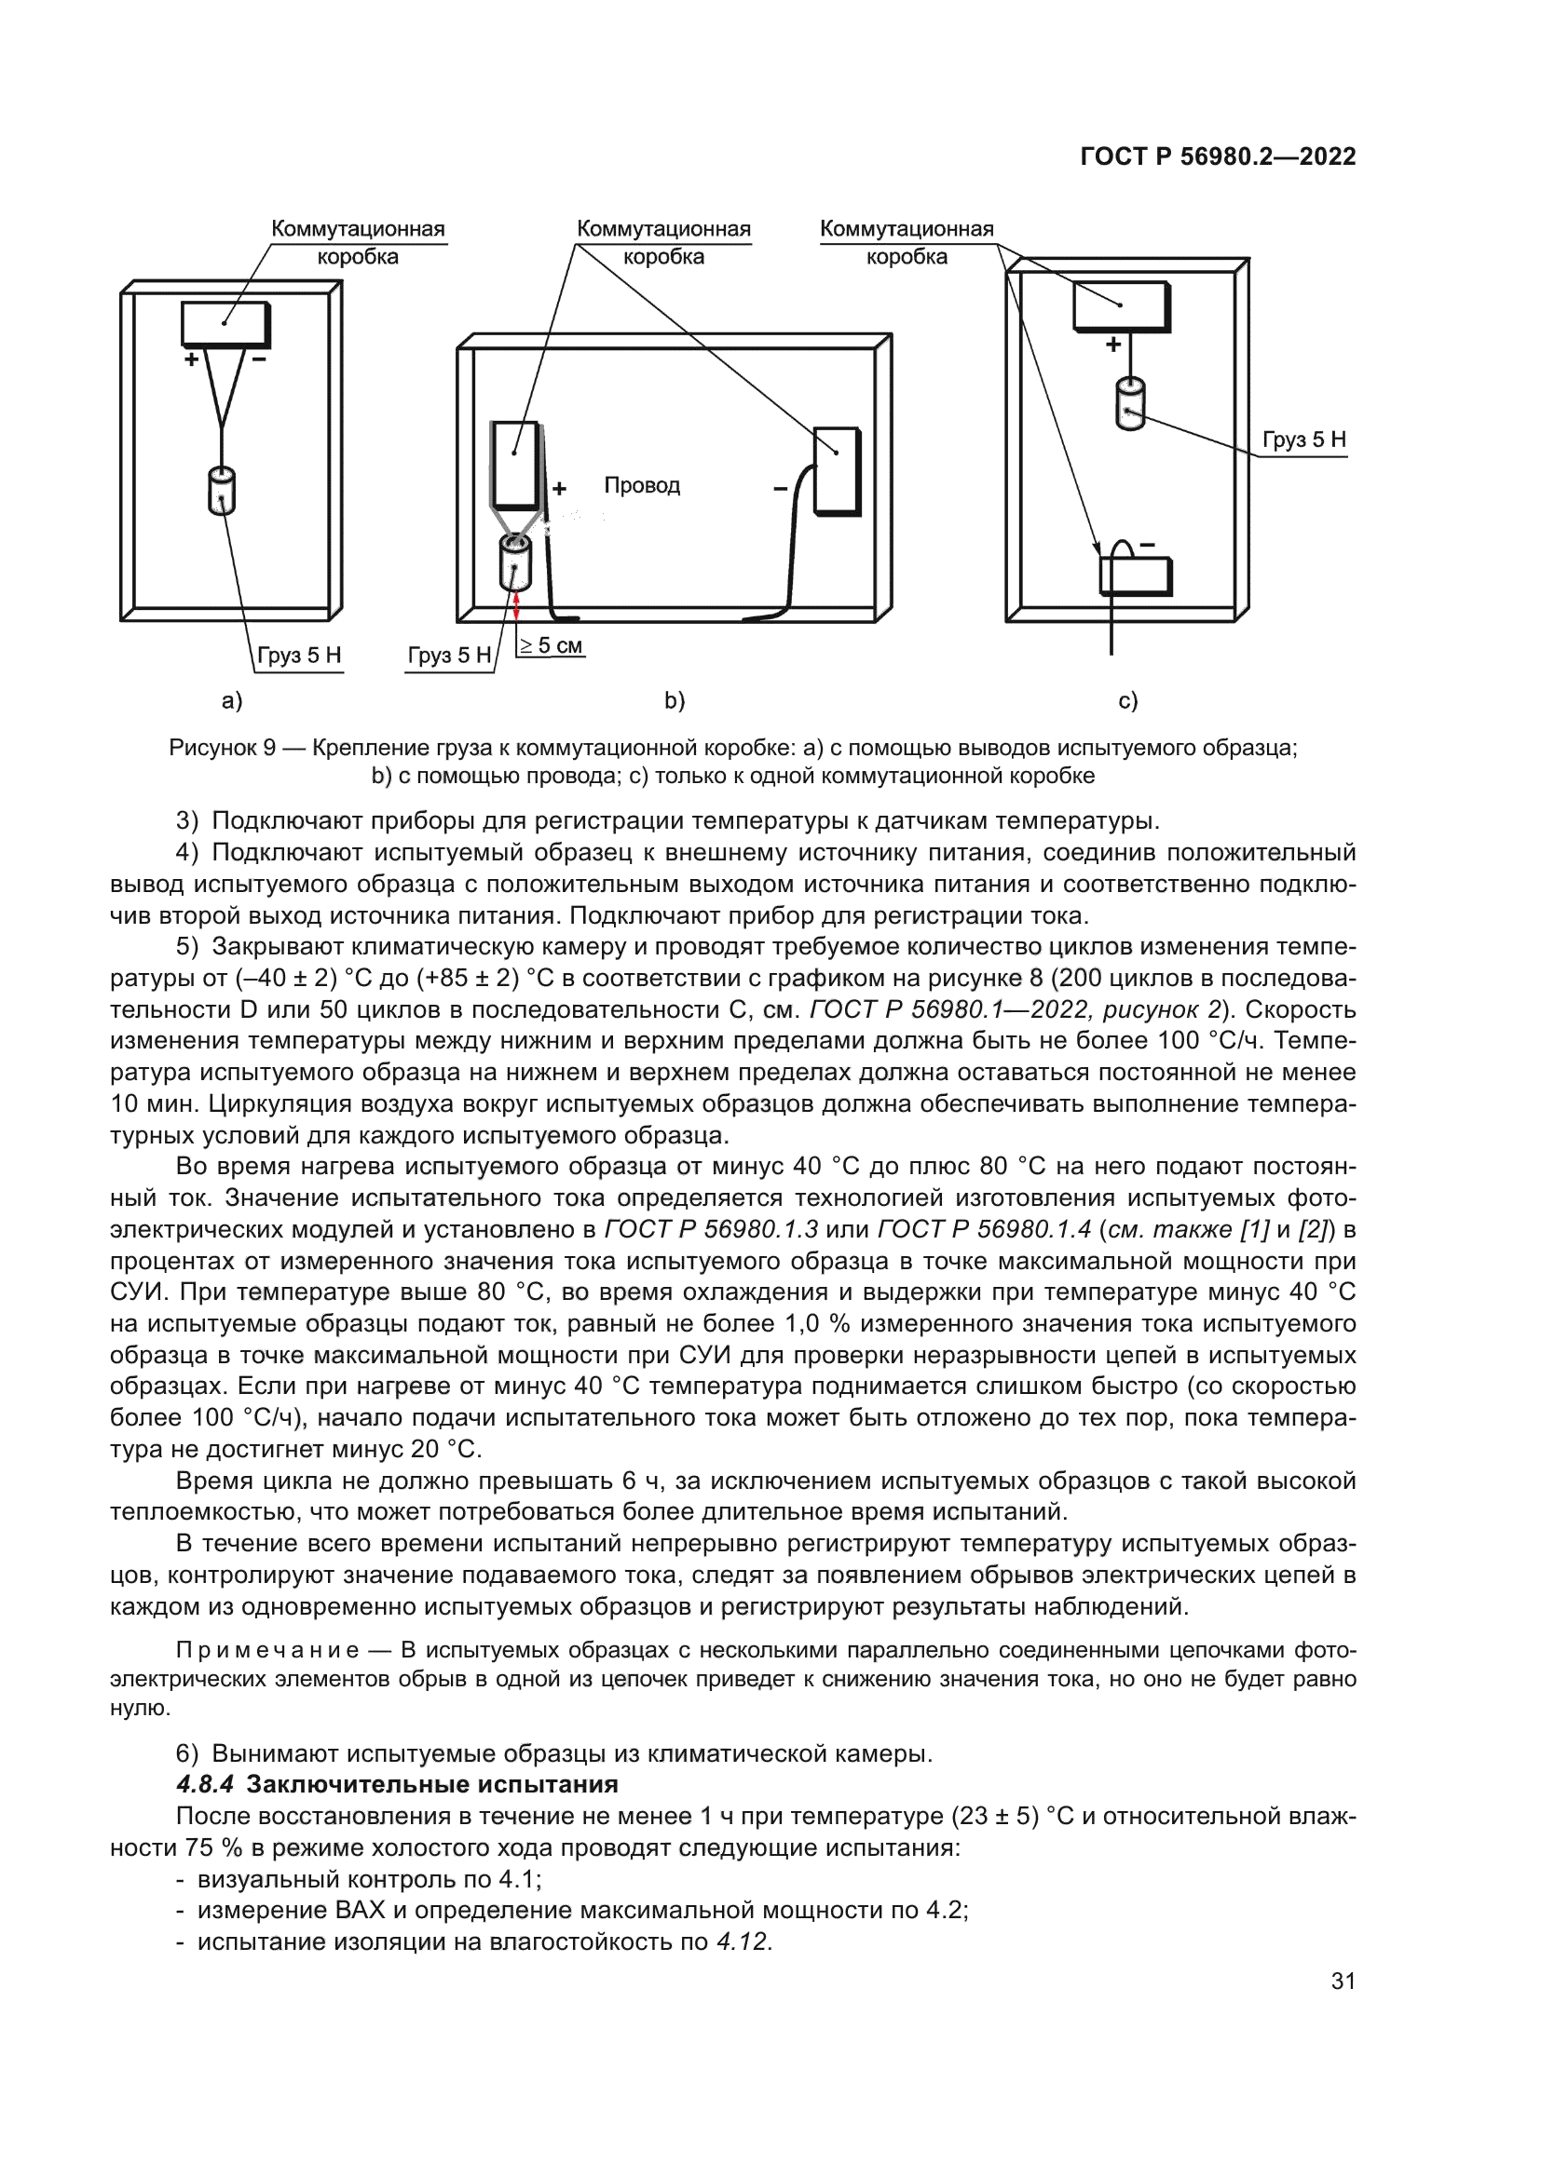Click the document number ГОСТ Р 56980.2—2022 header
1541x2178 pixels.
point(1219,157)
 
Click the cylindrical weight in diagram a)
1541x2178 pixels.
point(221,491)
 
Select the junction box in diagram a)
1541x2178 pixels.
point(225,322)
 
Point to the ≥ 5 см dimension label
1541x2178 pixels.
point(552,646)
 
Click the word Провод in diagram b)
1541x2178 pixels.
point(643,486)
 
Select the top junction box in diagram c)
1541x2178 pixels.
point(1122,305)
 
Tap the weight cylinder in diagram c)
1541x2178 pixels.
point(1129,405)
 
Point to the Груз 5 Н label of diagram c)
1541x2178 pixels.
point(1303,440)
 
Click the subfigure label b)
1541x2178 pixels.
point(675,701)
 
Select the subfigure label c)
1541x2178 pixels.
point(1128,701)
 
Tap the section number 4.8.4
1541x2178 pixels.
point(205,1784)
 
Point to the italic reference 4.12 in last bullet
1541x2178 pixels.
point(742,1941)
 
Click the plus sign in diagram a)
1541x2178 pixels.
point(192,359)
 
